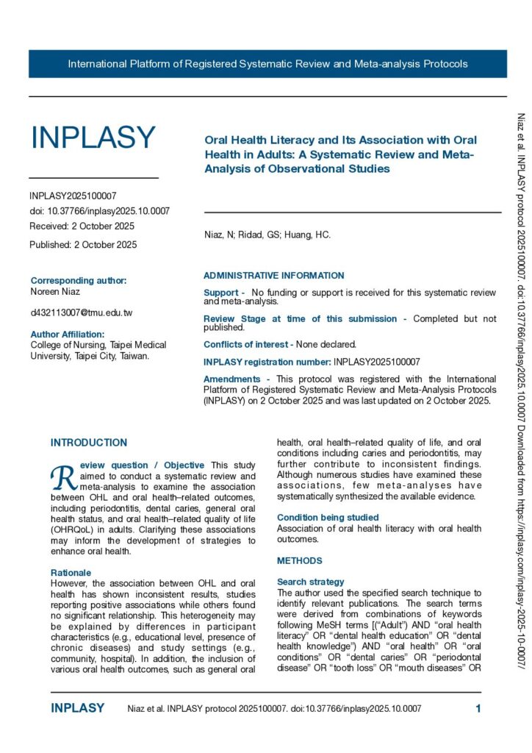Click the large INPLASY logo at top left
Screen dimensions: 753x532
93,138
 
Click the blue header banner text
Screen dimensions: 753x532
267,64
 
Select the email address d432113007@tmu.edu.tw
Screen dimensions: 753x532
81,313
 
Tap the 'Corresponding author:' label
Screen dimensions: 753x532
79,280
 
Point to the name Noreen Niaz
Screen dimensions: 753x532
56,292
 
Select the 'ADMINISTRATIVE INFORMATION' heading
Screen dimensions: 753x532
273,276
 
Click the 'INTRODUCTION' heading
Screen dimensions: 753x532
88,443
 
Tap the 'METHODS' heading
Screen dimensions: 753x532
299,561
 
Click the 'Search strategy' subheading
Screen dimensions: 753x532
311,582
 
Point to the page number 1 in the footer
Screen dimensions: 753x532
478,709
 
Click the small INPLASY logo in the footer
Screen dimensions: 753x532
77,709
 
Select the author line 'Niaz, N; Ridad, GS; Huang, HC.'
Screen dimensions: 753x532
267,235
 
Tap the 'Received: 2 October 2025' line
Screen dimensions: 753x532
82,226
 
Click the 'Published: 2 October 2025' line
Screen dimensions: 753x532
83,244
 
